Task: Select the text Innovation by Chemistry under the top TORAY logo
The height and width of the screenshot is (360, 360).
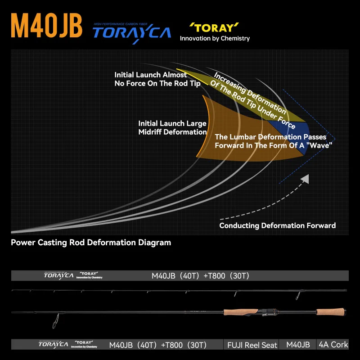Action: click(x=215, y=38)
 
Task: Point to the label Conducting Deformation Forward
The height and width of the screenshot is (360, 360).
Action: click(x=277, y=225)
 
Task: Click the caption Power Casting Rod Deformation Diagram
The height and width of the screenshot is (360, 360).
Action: click(x=91, y=243)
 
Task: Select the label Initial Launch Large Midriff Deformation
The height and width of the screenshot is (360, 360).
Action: click(x=172, y=127)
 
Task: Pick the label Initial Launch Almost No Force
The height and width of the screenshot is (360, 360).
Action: click(x=157, y=79)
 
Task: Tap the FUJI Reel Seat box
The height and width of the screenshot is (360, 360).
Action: click(x=251, y=345)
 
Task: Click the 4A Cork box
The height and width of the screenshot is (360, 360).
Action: click(x=333, y=345)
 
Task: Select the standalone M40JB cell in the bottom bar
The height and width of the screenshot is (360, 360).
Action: click(x=298, y=345)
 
